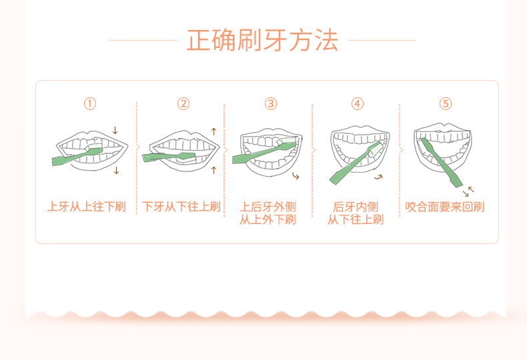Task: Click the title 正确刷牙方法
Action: click(x=263, y=40)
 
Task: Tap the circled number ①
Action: click(x=90, y=103)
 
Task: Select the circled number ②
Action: click(x=183, y=103)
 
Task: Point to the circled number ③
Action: click(x=270, y=103)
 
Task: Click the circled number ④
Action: click(x=358, y=103)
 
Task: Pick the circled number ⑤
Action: click(x=446, y=103)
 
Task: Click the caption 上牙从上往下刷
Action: click(x=87, y=207)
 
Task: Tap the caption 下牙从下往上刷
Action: click(x=181, y=207)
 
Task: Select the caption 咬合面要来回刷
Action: click(x=445, y=207)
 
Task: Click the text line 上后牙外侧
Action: click(x=268, y=207)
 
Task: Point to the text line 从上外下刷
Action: click(x=268, y=219)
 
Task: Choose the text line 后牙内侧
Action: click(x=356, y=207)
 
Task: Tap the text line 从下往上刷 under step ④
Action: click(x=356, y=219)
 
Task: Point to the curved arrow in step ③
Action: click(x=296, y=176)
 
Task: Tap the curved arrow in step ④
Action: click(x=379, y=177)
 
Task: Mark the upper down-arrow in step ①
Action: click(x=115, y=131)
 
